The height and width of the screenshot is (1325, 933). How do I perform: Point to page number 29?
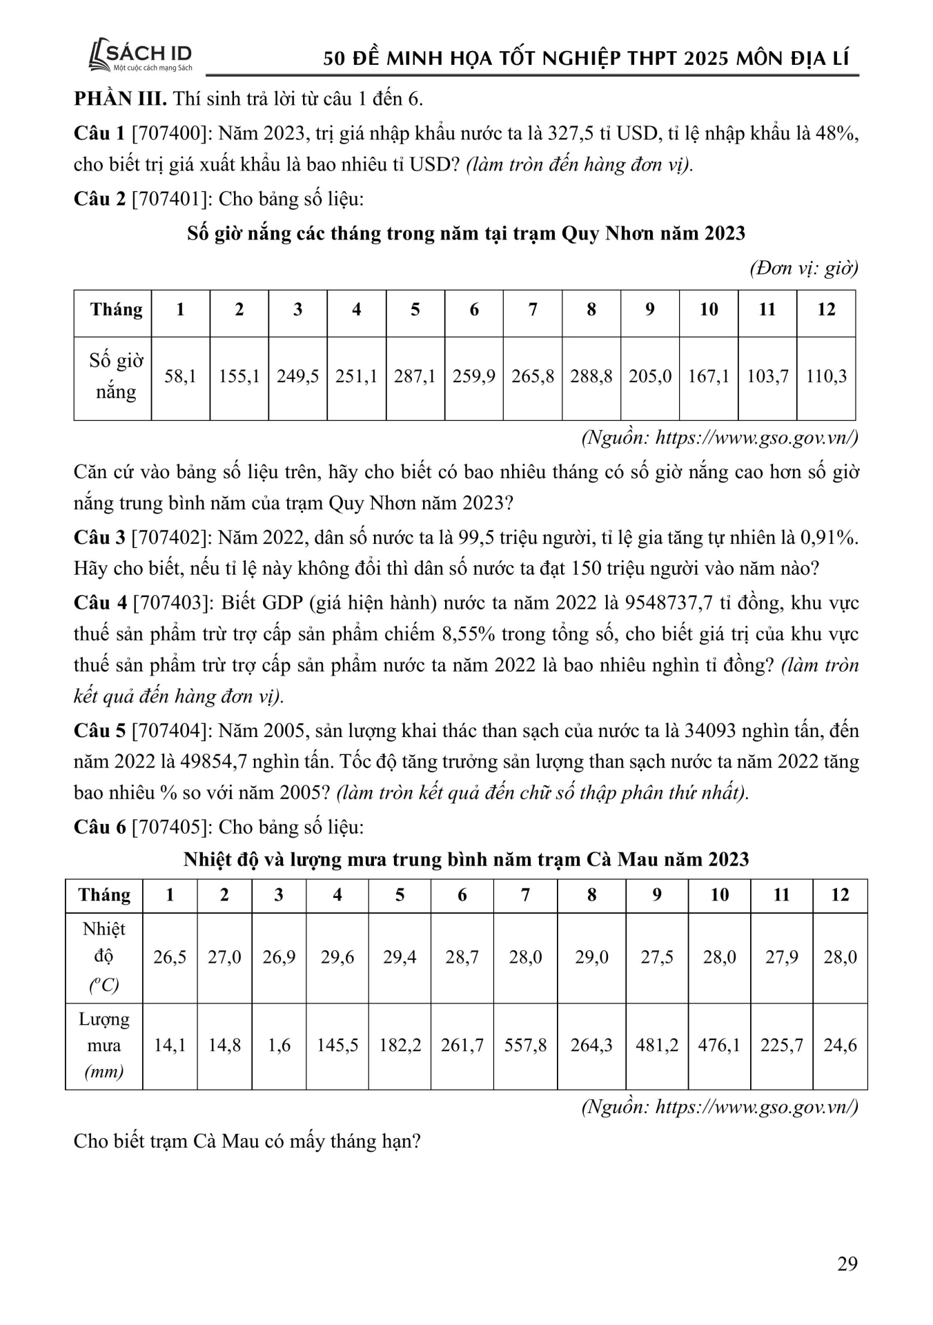[847, 1264]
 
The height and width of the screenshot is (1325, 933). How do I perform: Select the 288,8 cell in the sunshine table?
[591, 377]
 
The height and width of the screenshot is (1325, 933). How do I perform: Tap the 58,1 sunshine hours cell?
[180, 377]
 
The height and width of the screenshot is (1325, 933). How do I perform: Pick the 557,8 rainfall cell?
[525, 1046]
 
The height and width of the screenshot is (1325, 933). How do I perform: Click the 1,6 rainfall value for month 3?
[279, 1046]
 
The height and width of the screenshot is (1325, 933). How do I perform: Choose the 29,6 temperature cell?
[337, 957]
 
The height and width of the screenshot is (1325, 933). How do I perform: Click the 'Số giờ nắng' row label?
[115, 376]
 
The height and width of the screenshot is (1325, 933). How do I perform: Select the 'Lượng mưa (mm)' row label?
[104, 1046]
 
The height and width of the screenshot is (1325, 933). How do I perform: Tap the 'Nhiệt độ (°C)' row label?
[104, 957]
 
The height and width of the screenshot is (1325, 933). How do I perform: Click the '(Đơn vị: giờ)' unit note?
[803, 268]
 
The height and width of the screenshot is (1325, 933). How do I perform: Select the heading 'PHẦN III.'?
[120, 99]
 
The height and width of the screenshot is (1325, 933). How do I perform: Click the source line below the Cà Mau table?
[720, 1107]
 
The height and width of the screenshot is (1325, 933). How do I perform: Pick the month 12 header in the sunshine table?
[826, 310]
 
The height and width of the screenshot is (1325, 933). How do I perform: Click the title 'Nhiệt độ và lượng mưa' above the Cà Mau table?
[466, 859]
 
